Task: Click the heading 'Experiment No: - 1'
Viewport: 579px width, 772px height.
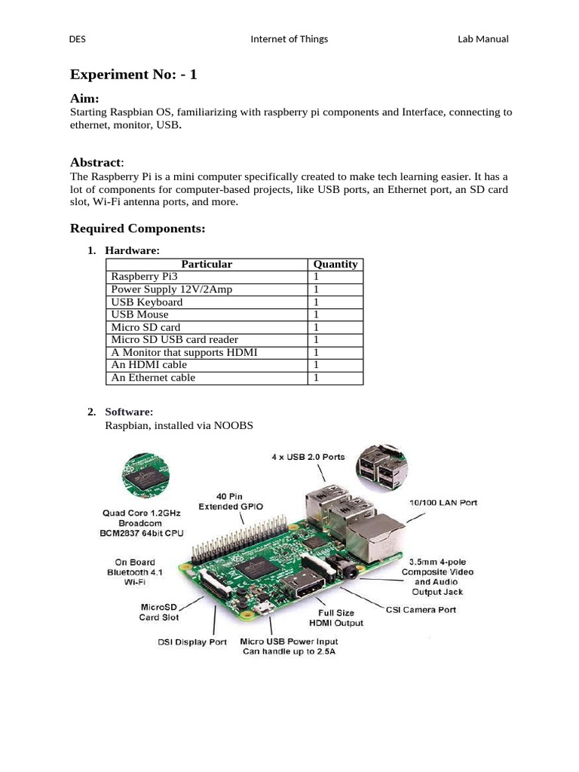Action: coord(133,75)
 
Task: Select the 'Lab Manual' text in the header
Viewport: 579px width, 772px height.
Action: coord(482,39)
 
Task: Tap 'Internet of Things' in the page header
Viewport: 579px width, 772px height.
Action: coord(289,39)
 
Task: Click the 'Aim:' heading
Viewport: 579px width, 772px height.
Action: coord(84,99)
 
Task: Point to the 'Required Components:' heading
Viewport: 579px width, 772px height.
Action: coord(137,228)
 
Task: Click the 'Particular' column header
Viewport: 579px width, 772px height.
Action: coord(207,264)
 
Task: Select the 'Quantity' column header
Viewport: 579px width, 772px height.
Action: coord(335,264)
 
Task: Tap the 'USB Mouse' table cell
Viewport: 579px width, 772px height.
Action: coord(140,314)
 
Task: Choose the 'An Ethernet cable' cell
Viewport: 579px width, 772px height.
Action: coord(153,378)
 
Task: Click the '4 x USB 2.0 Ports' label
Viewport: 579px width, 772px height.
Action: coord(308,457)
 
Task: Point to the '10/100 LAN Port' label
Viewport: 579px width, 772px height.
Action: coord(443,503)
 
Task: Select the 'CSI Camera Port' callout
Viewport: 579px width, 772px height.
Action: coord(421,610)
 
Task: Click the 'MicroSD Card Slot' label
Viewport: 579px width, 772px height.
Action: coord(159,611)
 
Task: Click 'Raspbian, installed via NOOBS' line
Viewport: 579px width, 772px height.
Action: coord(179,426)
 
